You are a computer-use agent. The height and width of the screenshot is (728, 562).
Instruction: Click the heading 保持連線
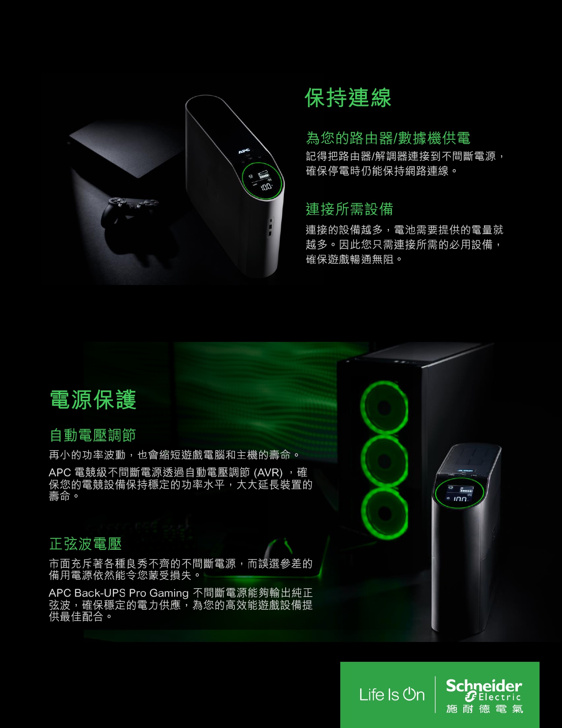348,98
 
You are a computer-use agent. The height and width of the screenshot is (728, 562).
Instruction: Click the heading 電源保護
93,399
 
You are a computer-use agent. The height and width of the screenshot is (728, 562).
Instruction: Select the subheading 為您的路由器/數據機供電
388,138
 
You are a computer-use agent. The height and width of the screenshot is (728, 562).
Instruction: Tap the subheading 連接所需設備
349,209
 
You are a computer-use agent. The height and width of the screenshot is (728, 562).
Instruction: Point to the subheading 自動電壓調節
93,435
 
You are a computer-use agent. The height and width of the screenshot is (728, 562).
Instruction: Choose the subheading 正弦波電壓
86,544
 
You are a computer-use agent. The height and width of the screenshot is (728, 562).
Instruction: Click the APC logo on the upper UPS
244,151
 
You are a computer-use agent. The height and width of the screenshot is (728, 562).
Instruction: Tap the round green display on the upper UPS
263,180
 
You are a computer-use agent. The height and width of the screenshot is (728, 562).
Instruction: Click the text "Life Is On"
392,694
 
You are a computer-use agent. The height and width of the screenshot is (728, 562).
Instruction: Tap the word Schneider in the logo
484,686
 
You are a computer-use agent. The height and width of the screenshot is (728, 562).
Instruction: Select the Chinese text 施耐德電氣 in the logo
484,709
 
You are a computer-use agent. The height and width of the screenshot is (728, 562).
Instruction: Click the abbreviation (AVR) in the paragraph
268,473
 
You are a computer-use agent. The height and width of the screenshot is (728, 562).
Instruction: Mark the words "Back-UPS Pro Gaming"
131,593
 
